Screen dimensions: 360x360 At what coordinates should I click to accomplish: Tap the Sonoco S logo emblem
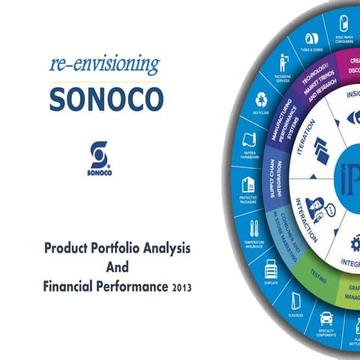98,154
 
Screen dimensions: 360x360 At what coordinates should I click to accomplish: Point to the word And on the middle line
117,266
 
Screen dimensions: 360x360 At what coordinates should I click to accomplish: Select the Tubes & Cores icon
313,38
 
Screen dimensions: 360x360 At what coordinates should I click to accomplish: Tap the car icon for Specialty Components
326,317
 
